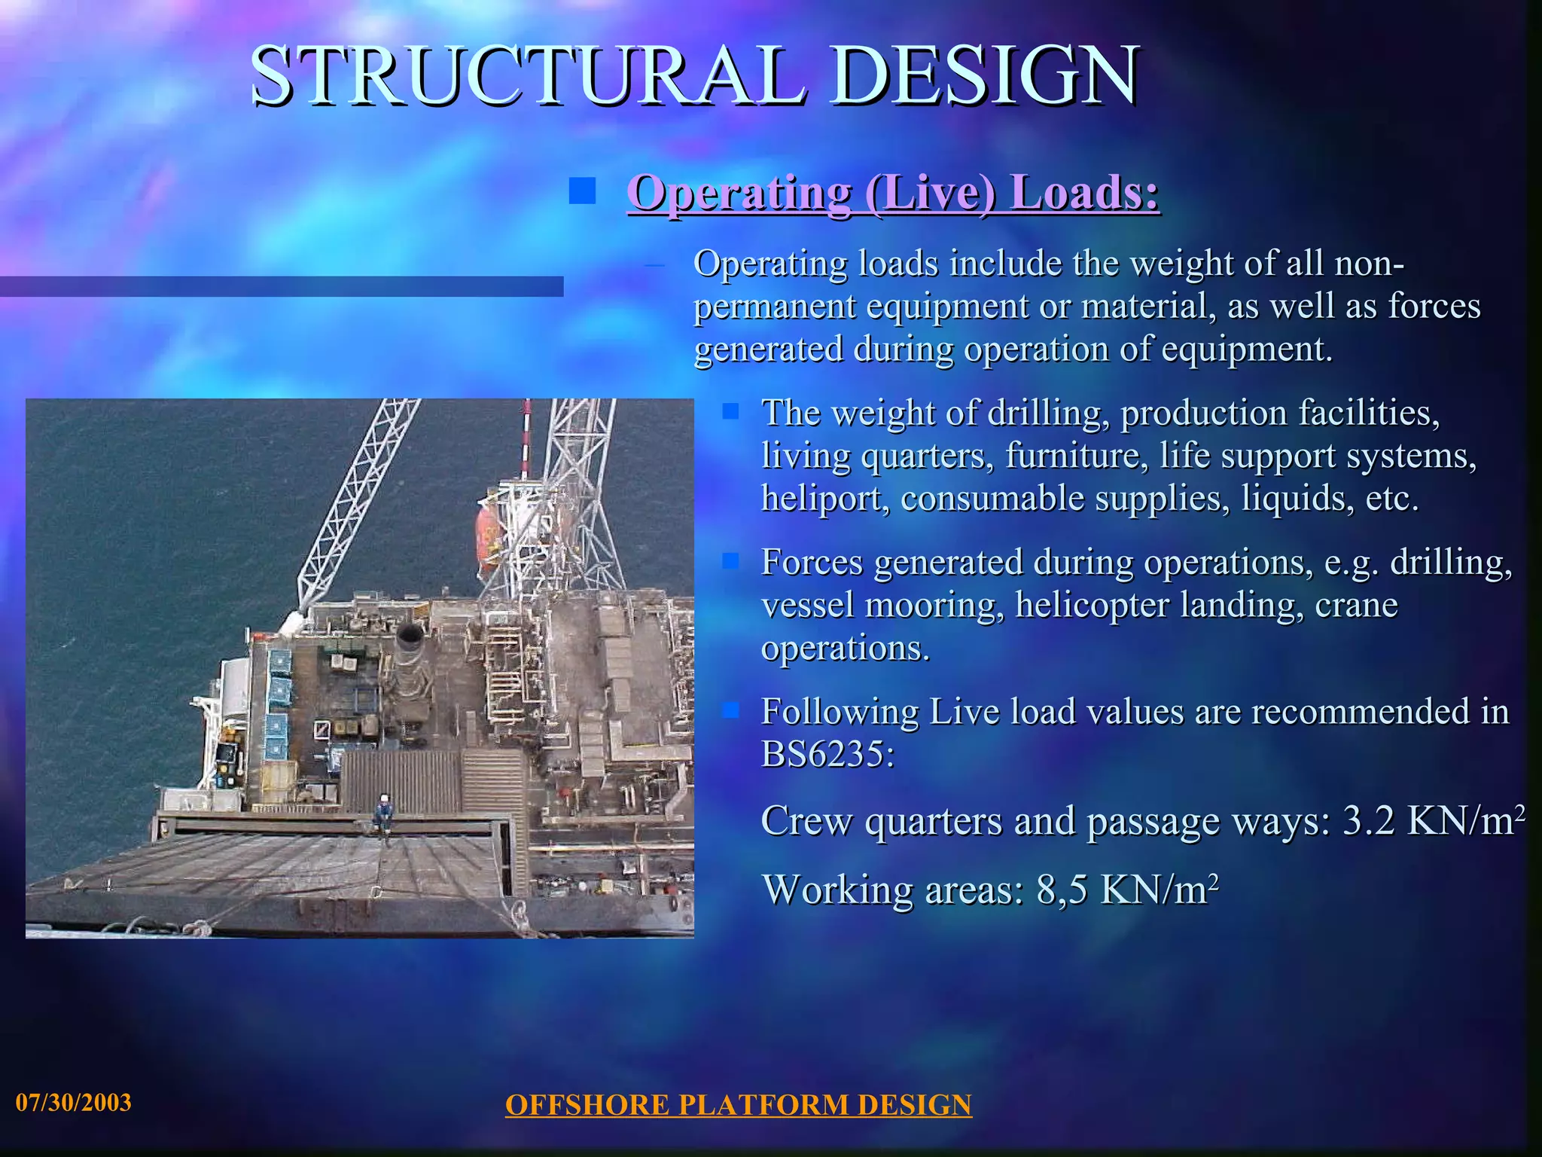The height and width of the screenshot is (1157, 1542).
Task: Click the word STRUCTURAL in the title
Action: (527, 75)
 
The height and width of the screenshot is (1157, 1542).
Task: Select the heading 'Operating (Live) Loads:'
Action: (893, 192)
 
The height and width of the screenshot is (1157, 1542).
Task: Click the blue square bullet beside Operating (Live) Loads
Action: (582, 191)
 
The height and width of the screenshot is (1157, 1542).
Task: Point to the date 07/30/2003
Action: (74, 1103)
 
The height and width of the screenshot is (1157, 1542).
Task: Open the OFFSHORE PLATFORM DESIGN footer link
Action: (738, 1105)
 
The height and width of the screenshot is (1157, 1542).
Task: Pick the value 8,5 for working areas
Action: (1062, 890)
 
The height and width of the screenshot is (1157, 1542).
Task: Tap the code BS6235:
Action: (827, 753)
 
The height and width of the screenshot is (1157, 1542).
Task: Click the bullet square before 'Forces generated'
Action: (730, 561)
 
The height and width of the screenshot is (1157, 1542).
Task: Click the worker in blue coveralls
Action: (384, 814)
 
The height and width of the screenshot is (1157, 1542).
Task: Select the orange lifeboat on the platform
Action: (488, 539)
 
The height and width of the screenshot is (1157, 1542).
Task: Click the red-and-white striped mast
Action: (526, 437)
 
